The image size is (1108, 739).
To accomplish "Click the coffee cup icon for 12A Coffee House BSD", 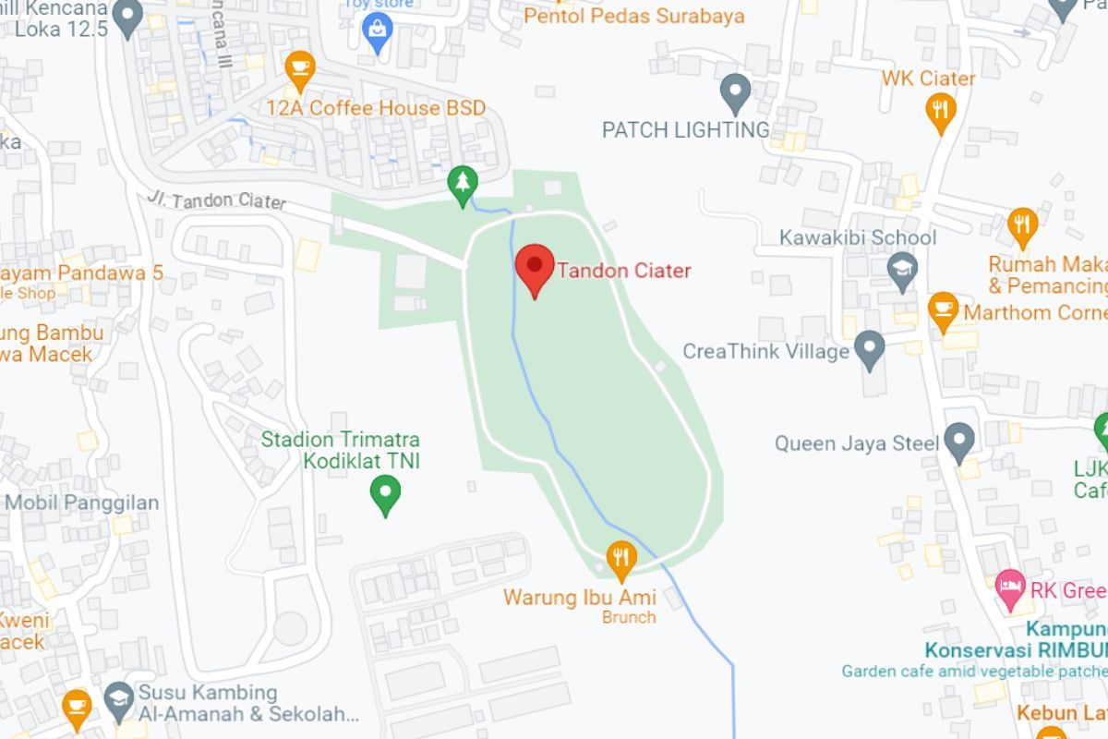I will coord(300,67).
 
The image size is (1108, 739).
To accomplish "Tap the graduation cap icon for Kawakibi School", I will coord(902,269).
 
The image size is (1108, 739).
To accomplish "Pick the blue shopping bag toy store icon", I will coord(378,30).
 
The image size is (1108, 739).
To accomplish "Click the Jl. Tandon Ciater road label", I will coord(216,200).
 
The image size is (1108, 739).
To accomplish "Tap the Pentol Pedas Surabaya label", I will coord(633,16).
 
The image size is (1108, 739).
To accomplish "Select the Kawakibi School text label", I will coord(858,237).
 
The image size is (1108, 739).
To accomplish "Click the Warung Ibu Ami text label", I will coord(580,597).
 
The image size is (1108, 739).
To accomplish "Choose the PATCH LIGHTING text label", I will coord(685,130).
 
